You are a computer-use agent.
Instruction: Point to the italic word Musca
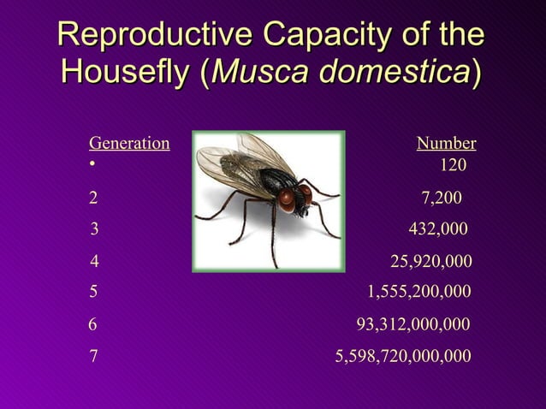[262, 73]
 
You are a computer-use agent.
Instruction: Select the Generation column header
[129, 144]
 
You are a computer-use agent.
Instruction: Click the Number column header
[446, 144]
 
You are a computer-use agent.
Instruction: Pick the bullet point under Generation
[92, 164]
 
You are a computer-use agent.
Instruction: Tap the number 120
[453, 164]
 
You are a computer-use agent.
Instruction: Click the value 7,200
[442, 199]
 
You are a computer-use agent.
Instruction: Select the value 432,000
[438, 229]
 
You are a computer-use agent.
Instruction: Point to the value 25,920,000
[430, 261]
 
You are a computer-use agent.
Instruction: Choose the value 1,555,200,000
[418, 292]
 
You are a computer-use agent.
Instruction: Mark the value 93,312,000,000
[413, 324]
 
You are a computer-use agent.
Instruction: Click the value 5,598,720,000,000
[402, 355]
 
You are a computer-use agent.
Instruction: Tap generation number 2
[94, 199]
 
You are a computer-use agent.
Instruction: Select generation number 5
[94, 292]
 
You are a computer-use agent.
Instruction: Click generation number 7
[94, 355]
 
